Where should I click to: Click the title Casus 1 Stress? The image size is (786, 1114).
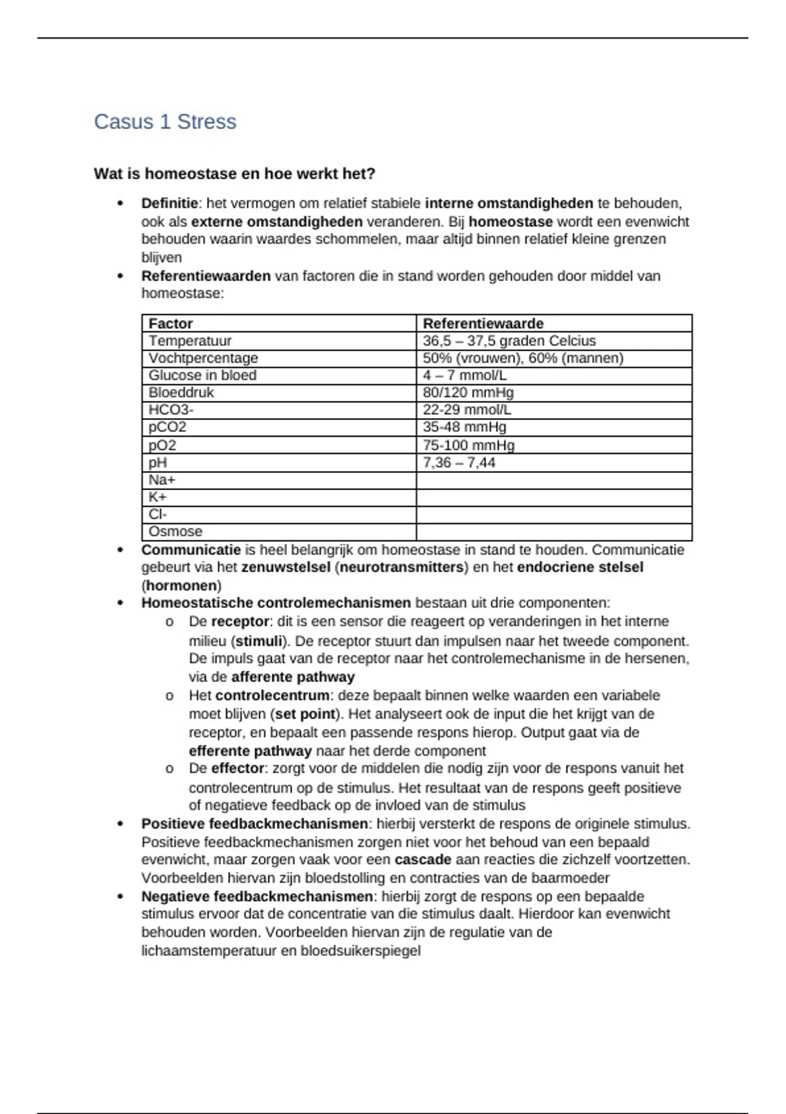coord(165,122)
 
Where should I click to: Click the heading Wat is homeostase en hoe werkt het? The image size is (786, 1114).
coord(234,174)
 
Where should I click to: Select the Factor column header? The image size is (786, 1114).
coord(170,324)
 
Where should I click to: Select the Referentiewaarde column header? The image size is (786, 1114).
coord(483,324)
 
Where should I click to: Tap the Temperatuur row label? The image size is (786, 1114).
coord(190,341)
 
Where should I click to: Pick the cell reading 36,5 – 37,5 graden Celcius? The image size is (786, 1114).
coord(509,341)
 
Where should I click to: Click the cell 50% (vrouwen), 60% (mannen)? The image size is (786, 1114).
coord(523,358)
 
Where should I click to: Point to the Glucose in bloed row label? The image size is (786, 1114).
coord(202,375)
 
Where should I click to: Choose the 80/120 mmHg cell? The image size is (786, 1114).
coord(468,393)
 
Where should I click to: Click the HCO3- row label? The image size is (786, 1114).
coord(171,410)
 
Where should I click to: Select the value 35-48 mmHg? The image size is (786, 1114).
coord(464,427)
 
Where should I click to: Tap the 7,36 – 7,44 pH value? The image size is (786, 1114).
coord(458,463)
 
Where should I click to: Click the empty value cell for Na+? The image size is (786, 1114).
coord(553,480)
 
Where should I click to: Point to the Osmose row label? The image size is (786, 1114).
coord(175,531)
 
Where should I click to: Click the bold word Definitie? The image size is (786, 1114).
coord(169,203)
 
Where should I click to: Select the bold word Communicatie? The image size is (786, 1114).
coord(191,550)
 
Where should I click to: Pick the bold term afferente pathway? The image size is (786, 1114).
coord(293,677)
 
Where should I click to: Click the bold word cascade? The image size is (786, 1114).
coord(422,859)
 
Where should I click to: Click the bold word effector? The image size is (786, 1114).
coord(237,768)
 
